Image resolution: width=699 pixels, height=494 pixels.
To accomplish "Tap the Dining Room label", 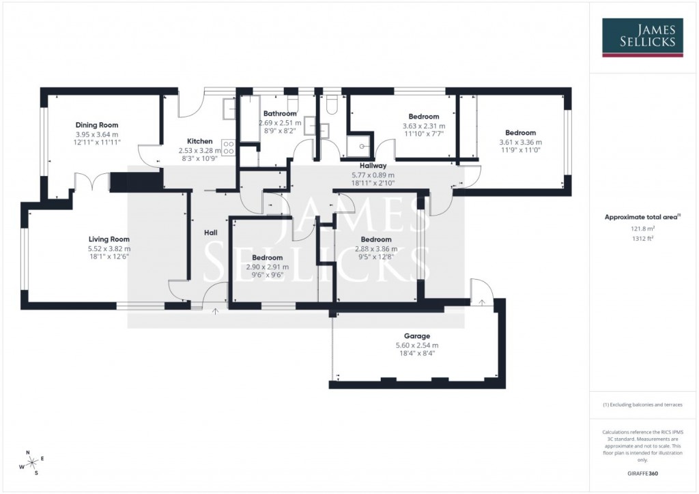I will [97, 125].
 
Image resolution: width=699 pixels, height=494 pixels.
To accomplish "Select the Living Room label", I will [109, 239].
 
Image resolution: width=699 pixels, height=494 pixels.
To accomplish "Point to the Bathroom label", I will [280, 113].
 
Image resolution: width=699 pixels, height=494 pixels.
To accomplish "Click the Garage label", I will [416, 336].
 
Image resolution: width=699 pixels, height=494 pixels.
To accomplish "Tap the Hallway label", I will [373, 166].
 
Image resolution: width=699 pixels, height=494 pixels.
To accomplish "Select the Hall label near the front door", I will [211, 233].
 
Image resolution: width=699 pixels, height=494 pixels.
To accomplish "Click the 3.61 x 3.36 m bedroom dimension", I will [520, 142].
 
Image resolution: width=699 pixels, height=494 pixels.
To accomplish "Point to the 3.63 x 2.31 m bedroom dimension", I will [423, 126].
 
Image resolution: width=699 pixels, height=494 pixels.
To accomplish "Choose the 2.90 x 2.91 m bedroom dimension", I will [266, 267].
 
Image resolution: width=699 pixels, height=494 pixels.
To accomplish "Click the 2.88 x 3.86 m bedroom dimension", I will [376, 249].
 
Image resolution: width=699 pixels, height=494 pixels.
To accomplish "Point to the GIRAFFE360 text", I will [642, 473].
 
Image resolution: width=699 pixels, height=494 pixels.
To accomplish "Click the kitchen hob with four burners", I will [229, 147].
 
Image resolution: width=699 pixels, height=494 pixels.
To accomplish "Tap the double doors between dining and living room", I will [91, 181].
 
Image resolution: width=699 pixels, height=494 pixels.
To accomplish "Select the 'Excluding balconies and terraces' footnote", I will [642, 405].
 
